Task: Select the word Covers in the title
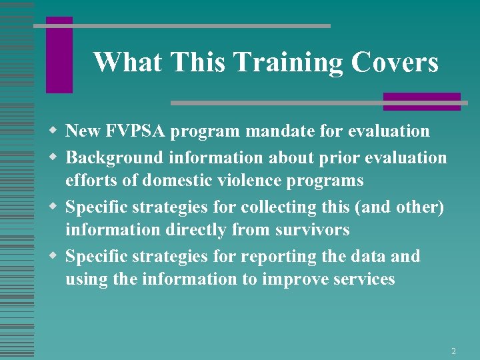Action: coord(395,63)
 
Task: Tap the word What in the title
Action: coord(127,63)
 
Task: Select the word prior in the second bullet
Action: coord(321,158)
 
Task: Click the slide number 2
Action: coord(453,351)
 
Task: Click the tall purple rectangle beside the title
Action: coord(59,55)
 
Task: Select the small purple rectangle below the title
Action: coord(421,101)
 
